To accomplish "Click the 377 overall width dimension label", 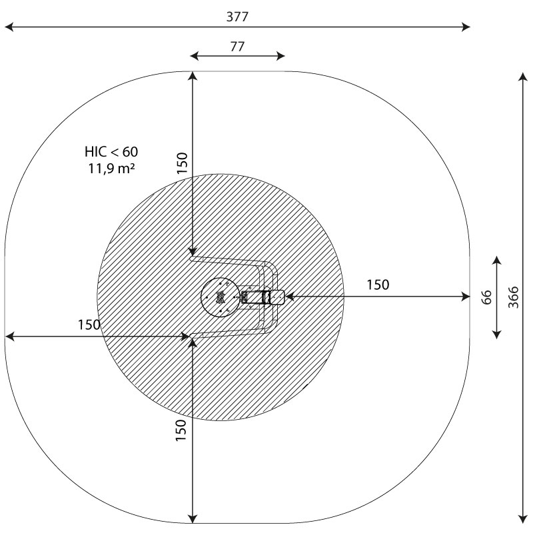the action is click(x=237, y=16).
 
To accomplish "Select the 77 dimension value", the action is click(x=237, y=46).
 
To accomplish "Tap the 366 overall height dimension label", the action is click(x=513, y=297).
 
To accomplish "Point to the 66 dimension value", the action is click(x=487, y=297).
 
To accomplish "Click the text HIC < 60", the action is click(x=111, y=152).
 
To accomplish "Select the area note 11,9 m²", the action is click(x=111, y=169).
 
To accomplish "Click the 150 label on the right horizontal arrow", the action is click(x=378, y=285).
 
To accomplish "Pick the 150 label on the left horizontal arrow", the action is click(x=89, y=324).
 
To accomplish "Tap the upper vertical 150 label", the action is click(x=182, y=163).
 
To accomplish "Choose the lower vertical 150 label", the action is click(x=181, y=430).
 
